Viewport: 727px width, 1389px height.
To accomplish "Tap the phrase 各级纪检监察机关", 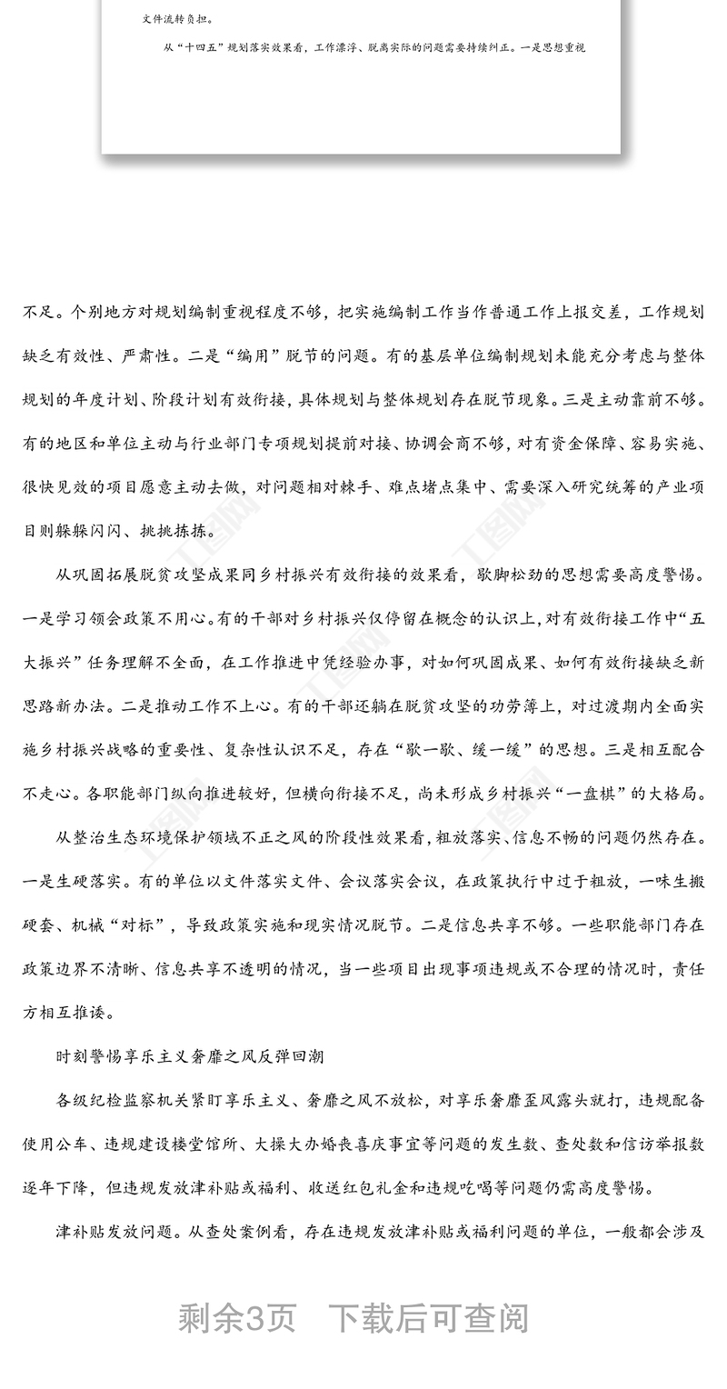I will click(119, 1099).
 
